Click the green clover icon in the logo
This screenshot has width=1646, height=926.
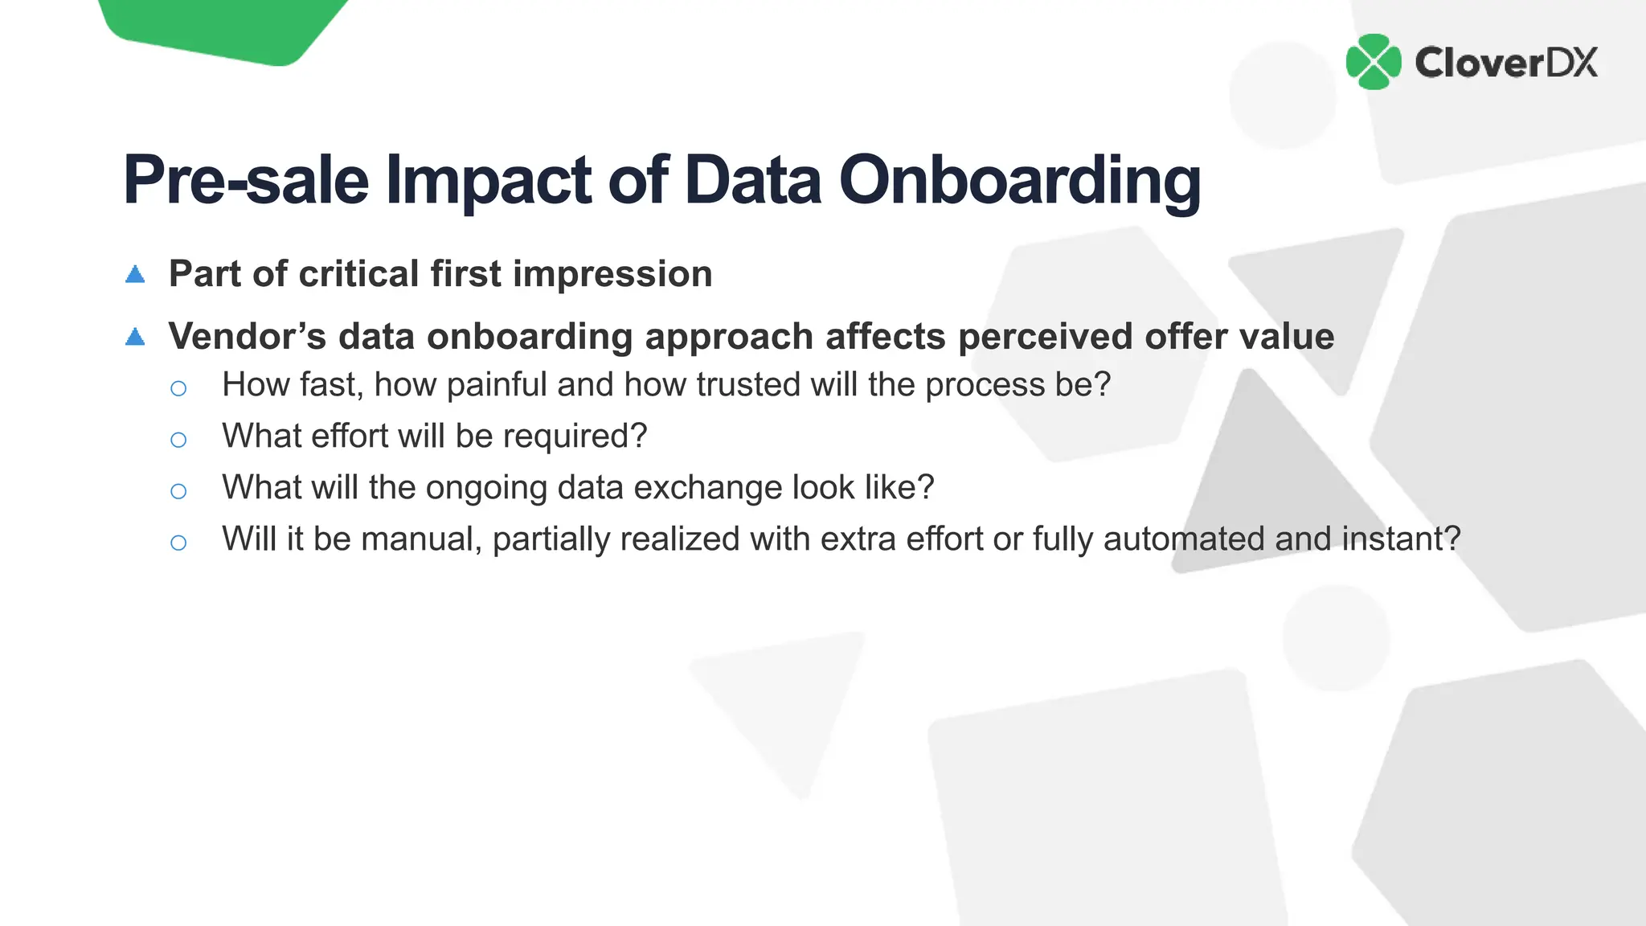tap(1374, 62)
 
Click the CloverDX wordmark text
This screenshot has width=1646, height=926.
tap(1505, 63)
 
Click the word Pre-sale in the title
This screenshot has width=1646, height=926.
tap(246, 180)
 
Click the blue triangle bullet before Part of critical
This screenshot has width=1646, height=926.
tap(135, 275)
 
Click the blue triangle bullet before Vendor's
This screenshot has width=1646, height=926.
tap(135, 337)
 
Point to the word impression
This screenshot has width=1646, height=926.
tap(612, 275)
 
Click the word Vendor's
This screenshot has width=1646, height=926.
tap(247, 336)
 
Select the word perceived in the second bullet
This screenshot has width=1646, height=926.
tap(1045, 338)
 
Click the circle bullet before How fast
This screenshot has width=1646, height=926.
tap(178, 389)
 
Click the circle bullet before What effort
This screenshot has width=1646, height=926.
tap(178, 440)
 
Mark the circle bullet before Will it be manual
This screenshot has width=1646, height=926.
tap(178, 543)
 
